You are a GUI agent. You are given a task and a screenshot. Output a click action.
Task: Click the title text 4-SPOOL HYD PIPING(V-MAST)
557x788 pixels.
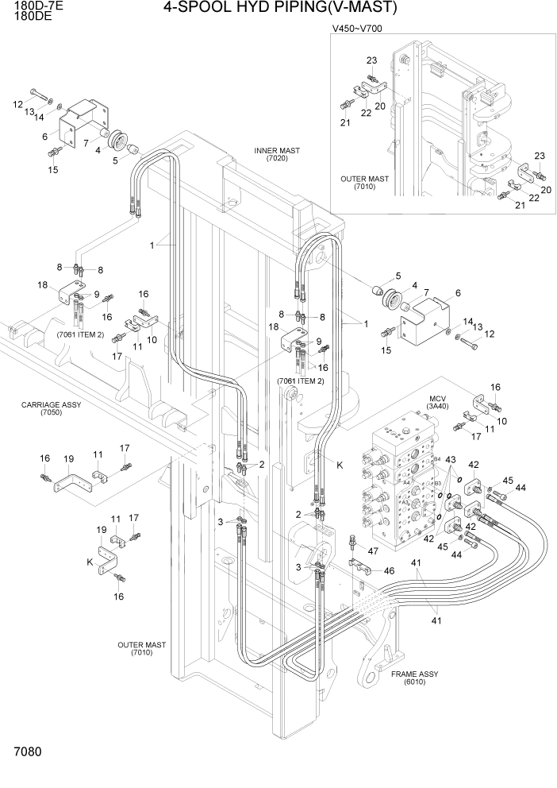(279, 9)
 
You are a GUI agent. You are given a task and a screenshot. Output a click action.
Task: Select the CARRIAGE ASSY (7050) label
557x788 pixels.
(51, 408)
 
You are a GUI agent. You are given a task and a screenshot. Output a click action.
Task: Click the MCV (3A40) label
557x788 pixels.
(439, 402)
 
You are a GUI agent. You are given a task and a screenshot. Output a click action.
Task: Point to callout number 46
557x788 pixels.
(389, 570)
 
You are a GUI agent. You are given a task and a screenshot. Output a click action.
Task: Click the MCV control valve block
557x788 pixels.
(398, 477)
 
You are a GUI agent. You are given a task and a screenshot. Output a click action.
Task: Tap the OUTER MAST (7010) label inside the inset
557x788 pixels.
(364, 183)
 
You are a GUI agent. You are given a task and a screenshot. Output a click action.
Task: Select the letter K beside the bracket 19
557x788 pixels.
(90, 562)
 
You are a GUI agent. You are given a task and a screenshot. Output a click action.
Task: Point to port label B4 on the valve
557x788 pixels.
(436, 458)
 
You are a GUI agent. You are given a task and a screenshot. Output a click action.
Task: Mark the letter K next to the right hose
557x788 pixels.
(340, 465)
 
